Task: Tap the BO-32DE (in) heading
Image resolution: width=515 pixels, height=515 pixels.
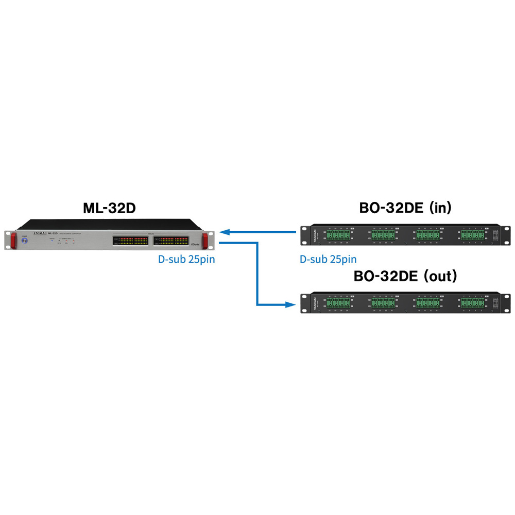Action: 405,208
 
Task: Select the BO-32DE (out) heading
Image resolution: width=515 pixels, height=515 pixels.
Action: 405,277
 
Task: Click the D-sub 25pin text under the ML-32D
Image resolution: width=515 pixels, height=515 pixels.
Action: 186,259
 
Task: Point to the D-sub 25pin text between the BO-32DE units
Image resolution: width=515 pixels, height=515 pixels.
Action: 328,259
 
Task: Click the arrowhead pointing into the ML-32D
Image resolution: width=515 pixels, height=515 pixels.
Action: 225,232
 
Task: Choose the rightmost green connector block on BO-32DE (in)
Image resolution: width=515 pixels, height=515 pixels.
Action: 472,235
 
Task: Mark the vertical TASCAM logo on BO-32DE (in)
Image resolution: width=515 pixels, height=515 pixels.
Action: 314,235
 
